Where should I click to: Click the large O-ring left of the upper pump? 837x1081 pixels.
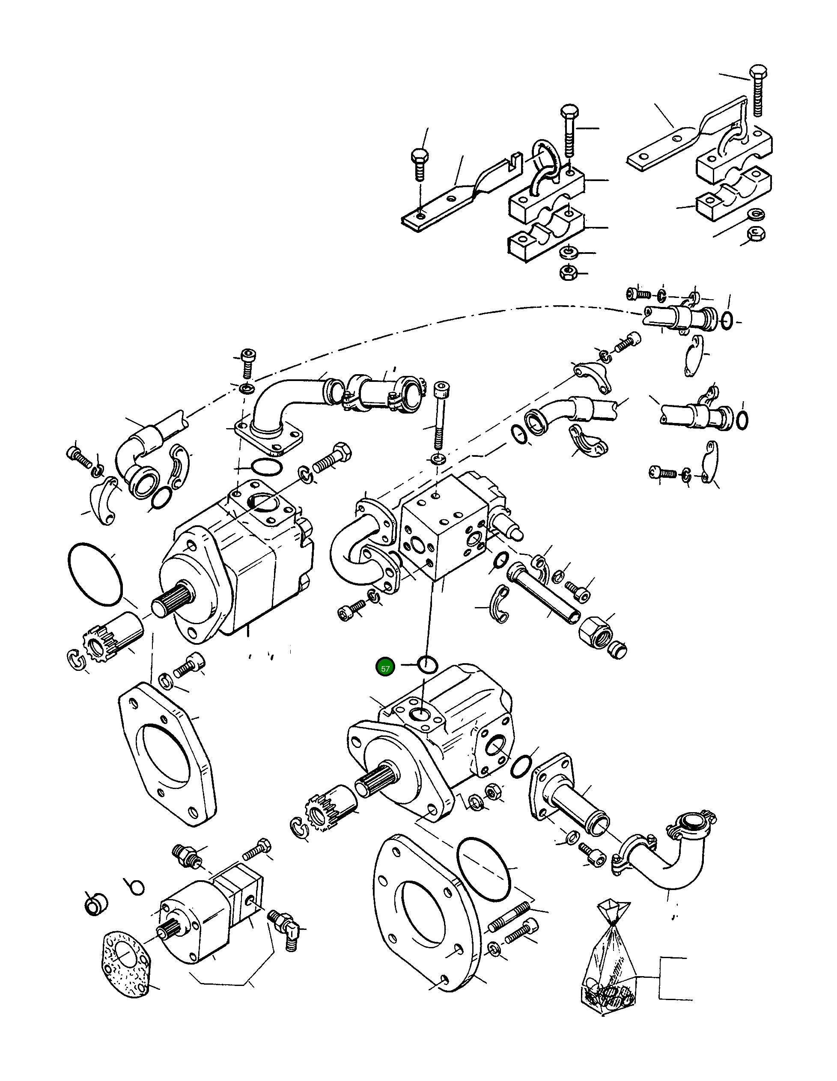pos(94,574)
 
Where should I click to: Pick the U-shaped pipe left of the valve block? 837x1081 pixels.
pos(351,549)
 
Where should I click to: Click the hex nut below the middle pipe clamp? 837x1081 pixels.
pos(567,272)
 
